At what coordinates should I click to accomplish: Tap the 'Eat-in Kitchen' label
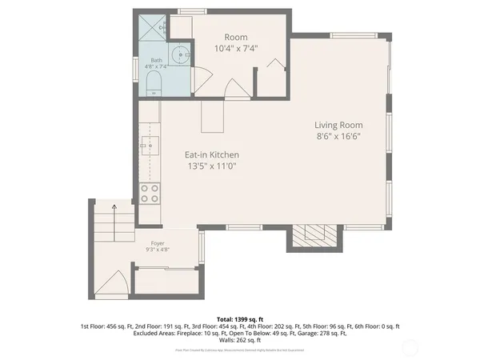(212, 154)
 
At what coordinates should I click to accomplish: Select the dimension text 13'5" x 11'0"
(212, 166)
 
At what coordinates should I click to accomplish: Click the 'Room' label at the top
(235, 37)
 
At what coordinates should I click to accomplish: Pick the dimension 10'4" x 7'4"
(235, 49)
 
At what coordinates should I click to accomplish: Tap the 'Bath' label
(156, 60)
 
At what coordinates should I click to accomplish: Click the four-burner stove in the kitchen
(149, 193)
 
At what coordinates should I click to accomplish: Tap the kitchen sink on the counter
(148, 146)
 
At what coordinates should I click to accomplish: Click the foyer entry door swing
(114, 283)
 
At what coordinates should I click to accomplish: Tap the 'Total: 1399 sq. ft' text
(239, 318)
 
